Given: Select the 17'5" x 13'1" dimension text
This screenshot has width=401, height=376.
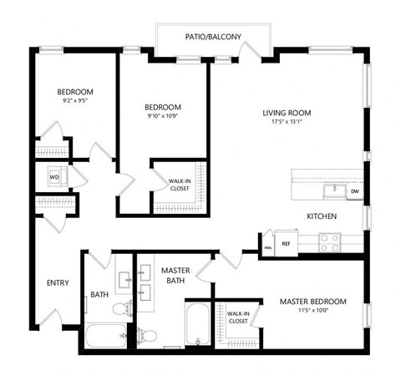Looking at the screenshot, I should (x=287, y=123).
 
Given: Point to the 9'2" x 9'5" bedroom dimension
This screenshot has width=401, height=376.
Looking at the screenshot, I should (x=74, y=102).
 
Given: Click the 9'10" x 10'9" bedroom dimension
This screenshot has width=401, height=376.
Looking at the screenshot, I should (x=162, y=117).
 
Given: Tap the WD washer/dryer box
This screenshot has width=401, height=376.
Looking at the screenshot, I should (x=53, y=177).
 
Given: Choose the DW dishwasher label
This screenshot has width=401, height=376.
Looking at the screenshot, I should (x=354, y=191).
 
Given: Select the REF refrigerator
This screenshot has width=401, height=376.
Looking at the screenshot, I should (x=285, y=244).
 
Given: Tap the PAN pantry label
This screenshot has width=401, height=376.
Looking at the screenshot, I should (x=267, y=247).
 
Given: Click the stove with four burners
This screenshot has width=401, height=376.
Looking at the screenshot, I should (x=328, y=243).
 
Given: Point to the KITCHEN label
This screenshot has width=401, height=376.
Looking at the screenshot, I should (x=322, y=216).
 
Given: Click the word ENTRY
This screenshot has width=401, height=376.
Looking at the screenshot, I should (x=58, y=282).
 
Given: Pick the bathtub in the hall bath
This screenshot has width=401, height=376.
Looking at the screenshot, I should (x=104, y=337).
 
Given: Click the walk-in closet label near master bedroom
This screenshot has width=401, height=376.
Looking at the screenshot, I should (x=237, y=317).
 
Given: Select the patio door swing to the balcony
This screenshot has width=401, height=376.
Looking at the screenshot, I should (x=249, y=52).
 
